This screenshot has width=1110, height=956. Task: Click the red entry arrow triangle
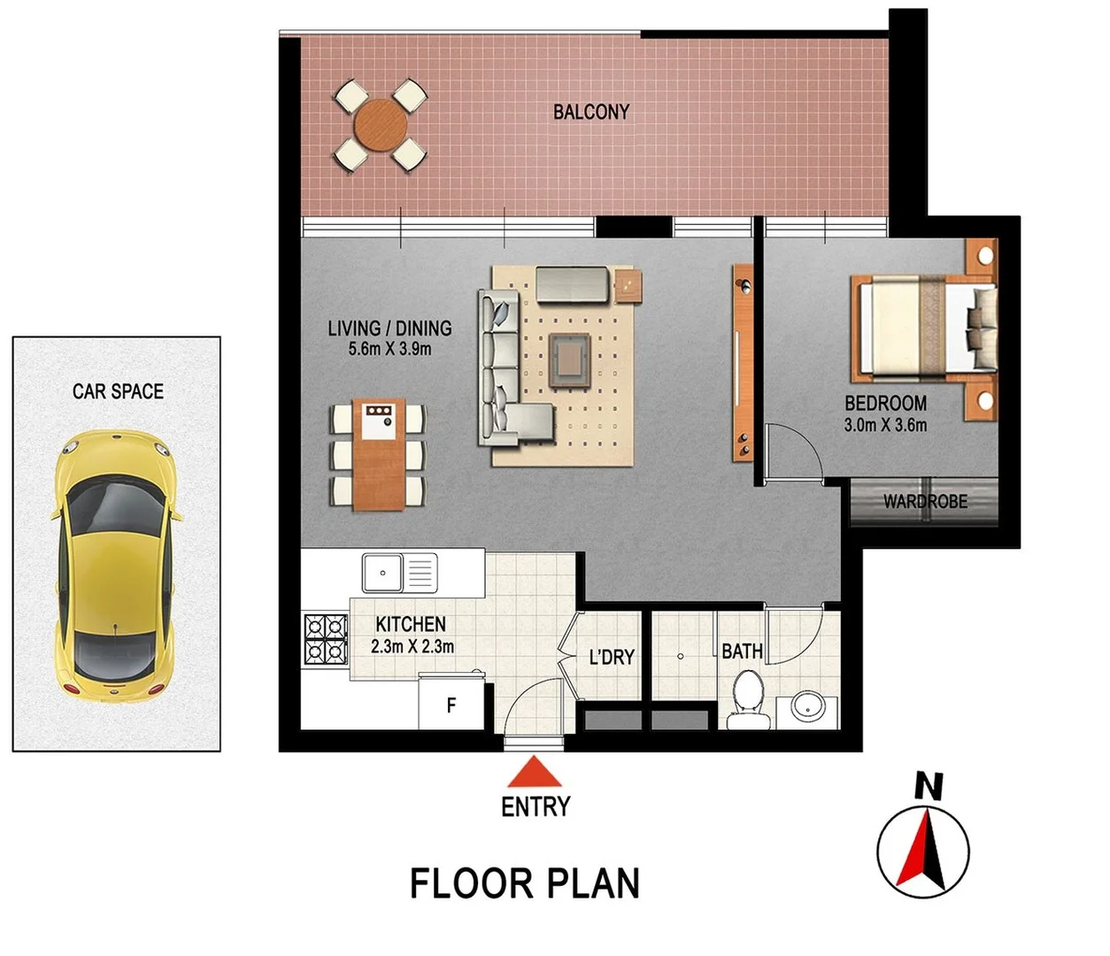pos(535,773)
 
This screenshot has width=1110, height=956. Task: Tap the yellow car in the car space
pos(115,564)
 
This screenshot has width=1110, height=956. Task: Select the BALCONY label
pos(590,112)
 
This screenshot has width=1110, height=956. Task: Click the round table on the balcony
pos(380,125)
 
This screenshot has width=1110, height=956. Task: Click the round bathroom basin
pos(807,708)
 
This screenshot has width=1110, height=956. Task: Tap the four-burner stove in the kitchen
pos(325,639)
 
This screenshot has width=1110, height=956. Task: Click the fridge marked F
pos(451,705)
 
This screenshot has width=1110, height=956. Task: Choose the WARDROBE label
pos(925,502)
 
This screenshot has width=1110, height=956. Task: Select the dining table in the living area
pos(379,453)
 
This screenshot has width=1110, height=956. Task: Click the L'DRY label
pos(612,658)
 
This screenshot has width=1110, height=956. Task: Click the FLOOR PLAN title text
pos(524,884)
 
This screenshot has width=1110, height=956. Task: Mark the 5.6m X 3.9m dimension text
pos(389,349)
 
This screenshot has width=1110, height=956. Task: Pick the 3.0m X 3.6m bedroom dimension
pos(885,425)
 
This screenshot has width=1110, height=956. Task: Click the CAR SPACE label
pos(118,391)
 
